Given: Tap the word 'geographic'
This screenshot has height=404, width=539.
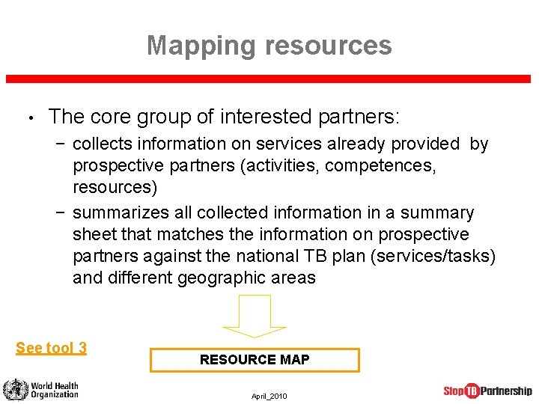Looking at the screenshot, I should coord(215,278).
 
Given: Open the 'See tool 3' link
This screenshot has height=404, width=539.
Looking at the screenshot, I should coord(51,347).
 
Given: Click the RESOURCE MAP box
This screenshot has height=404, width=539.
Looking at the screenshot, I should coord(255,360).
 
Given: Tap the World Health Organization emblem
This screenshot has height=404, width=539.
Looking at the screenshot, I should coord(14,390).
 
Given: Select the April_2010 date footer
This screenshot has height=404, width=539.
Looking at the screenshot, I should coord(269,396).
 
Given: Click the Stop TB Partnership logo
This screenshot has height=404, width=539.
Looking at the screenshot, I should coord(487,391).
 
